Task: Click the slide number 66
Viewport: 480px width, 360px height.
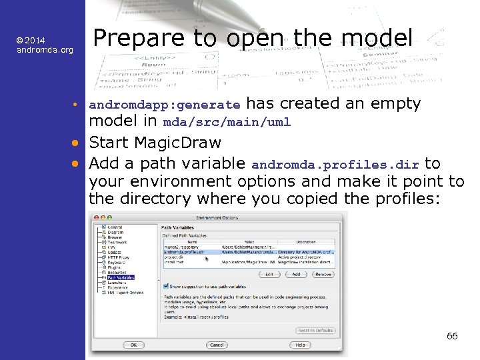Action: [x=452, y=336]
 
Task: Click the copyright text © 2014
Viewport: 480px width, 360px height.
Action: [x=31, y=41]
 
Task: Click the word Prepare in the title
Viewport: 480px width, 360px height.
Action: [x=133, y=37]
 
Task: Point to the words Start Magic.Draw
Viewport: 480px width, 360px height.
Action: [x=155, y=142]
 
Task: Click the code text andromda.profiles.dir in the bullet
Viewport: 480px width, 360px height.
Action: [x=335, y=164]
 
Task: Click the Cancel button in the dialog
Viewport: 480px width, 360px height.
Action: [x=217, y=345]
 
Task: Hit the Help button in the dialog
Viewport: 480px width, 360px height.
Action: [x=300, y=345]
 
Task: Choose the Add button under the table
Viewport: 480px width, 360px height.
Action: [x=296, y=274]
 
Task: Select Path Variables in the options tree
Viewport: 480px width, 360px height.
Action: [x=121, y=277]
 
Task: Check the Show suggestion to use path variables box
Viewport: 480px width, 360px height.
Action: [x=165, y=286]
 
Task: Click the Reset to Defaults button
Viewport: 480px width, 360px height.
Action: [x=315, y=331]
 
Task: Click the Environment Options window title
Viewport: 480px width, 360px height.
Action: [x=218, y=217]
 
